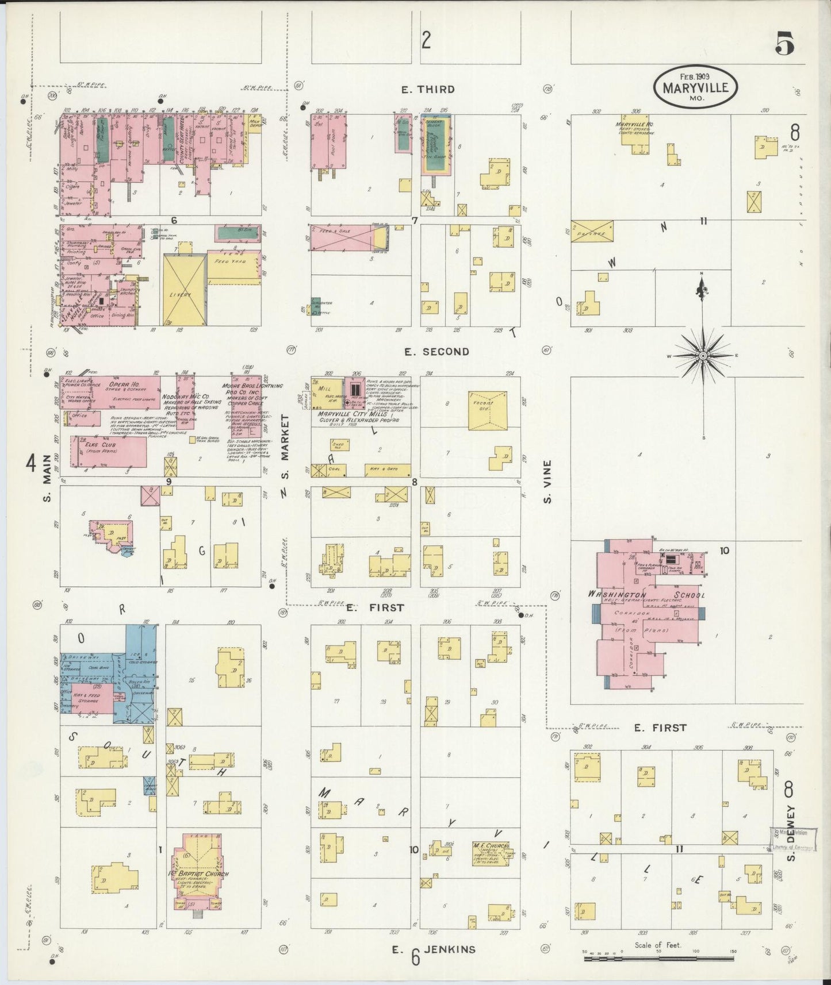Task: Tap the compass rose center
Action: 702,356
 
